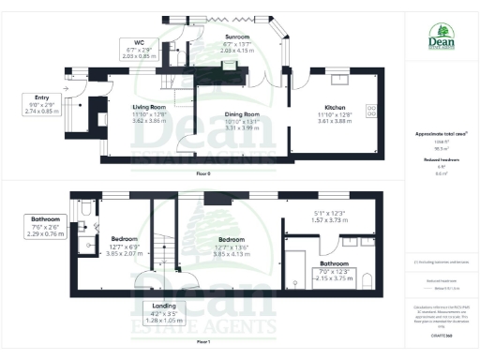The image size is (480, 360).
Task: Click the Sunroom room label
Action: click(210, 37)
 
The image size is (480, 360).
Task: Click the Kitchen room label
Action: click(335, 107)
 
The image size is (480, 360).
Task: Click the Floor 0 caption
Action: click(202, 173)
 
